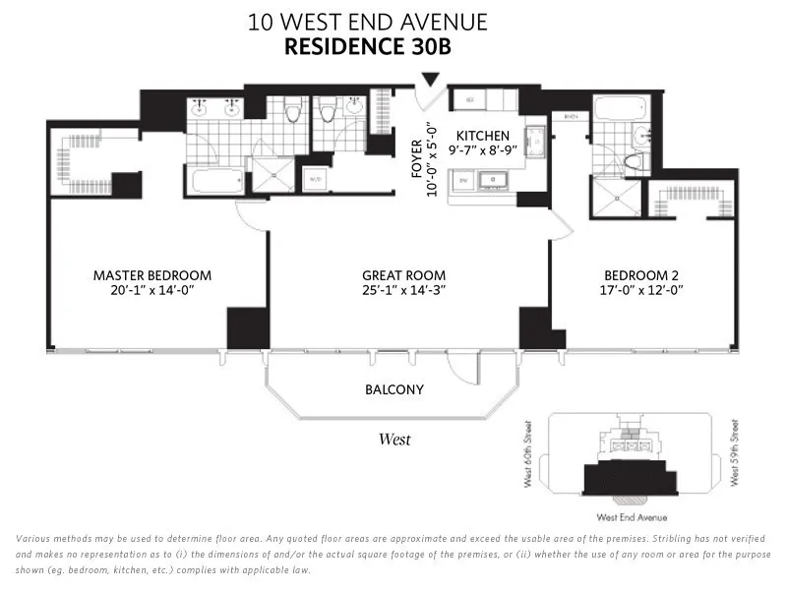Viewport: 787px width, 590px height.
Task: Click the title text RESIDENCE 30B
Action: tap(368, 46)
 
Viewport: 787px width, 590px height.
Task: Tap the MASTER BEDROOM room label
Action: tap(151, 275)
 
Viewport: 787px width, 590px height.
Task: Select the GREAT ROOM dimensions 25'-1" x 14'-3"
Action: tap(403, 290)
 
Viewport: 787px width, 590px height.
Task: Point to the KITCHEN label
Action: tap(482, 136)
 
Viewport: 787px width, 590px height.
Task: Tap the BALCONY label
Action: tap(393, 389)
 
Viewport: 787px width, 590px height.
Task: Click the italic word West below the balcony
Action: tap(394, 440)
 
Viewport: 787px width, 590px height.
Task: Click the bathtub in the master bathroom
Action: tap(216, 181)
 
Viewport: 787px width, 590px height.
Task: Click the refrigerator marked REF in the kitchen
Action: tap(469, 99)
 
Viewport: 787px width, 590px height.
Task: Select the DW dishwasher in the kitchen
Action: tap(460, 180)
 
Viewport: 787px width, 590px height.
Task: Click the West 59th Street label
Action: tap(733, 454)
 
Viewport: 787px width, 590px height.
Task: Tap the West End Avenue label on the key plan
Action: tap(632, 517)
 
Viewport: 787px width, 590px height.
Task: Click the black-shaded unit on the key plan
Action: tap(632, 480)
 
